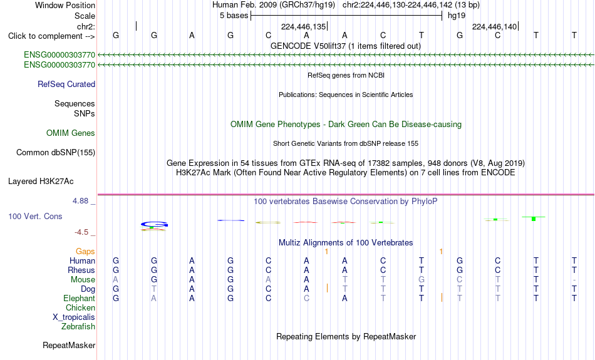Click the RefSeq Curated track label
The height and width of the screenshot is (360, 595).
coord(66,85)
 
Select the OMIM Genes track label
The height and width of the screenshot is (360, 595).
coord(71,133)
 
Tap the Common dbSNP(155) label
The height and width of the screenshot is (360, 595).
coord(56,153)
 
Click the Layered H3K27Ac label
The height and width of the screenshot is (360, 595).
coord(41,182)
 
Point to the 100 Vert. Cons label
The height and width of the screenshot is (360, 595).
coord(35,216)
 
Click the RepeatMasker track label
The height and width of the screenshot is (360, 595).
coord(69,345)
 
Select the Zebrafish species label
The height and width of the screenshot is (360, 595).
coord(78,327)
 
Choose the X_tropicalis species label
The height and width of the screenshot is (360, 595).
coord(74,317)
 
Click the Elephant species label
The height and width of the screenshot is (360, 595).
coord(80,299)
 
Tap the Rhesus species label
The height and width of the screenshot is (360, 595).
coord(81,270)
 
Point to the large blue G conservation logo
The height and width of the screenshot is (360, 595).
coord(154,224)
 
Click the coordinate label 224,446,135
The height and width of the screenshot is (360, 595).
coord(304,26)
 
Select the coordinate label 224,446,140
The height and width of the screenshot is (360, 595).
coord(494,26)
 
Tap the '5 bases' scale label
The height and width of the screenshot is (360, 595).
coord(234,16)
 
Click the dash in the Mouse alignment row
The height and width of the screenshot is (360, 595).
coord(574,280)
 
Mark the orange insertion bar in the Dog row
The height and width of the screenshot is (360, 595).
coord(327,288)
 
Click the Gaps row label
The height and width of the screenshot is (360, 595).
coord(85,252)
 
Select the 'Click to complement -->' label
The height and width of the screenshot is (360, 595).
coord(51,36)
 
